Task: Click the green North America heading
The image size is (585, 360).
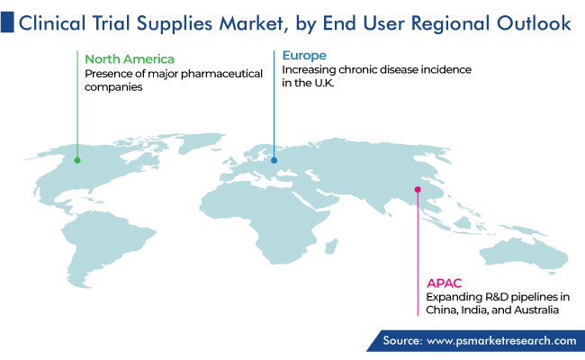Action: (x=130, y=59)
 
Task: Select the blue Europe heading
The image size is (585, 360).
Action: (x=304, y=56)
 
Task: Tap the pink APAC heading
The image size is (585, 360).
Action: (x=444, y=283)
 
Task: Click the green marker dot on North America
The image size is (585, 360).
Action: (x=77, y=160)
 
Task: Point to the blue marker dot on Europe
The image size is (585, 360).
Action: (x=274, y=160)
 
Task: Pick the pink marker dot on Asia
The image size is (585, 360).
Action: (x=418, y=190)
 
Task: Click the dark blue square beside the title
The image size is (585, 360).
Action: (x=7, y=22)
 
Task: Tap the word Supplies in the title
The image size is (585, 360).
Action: (x=174, y=23)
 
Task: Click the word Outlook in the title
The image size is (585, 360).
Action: (x=534, y=22)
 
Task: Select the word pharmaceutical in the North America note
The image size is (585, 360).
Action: (x=221, y=74)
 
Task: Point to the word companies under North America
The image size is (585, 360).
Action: (x=113, y=87)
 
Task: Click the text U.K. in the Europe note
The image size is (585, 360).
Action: (x=324, y=83)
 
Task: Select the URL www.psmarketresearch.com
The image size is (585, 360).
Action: (x=501, y=340)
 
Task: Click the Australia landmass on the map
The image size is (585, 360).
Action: (x=522, y=254)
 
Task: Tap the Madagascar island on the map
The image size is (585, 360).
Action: (x=331, y=247)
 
